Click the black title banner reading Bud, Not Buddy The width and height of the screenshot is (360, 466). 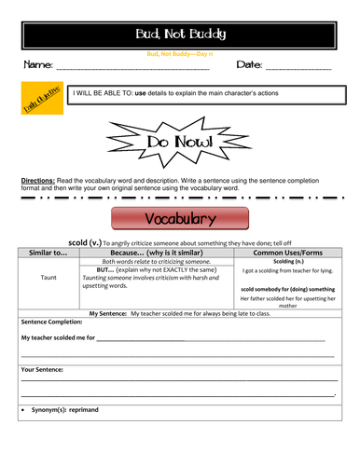[x=179, y=34]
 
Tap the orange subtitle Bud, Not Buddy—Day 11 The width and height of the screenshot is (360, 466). [x=179, y=54]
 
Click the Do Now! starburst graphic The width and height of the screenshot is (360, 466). [x=179, y=142]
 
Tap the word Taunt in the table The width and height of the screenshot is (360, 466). [x=48, y=277]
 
